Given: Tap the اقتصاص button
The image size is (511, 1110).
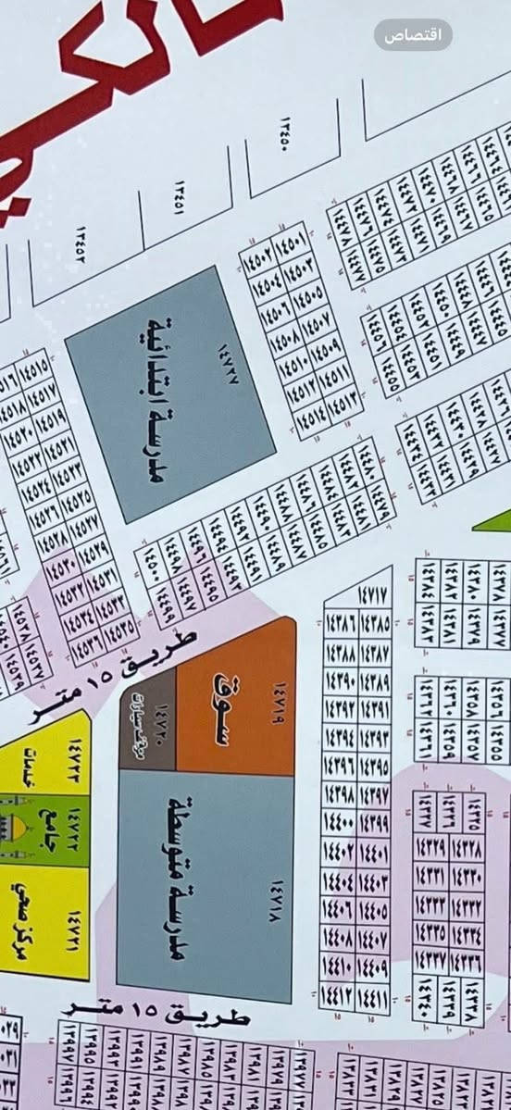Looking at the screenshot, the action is [413, 35].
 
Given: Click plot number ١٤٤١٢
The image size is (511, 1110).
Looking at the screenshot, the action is [336, 998].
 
